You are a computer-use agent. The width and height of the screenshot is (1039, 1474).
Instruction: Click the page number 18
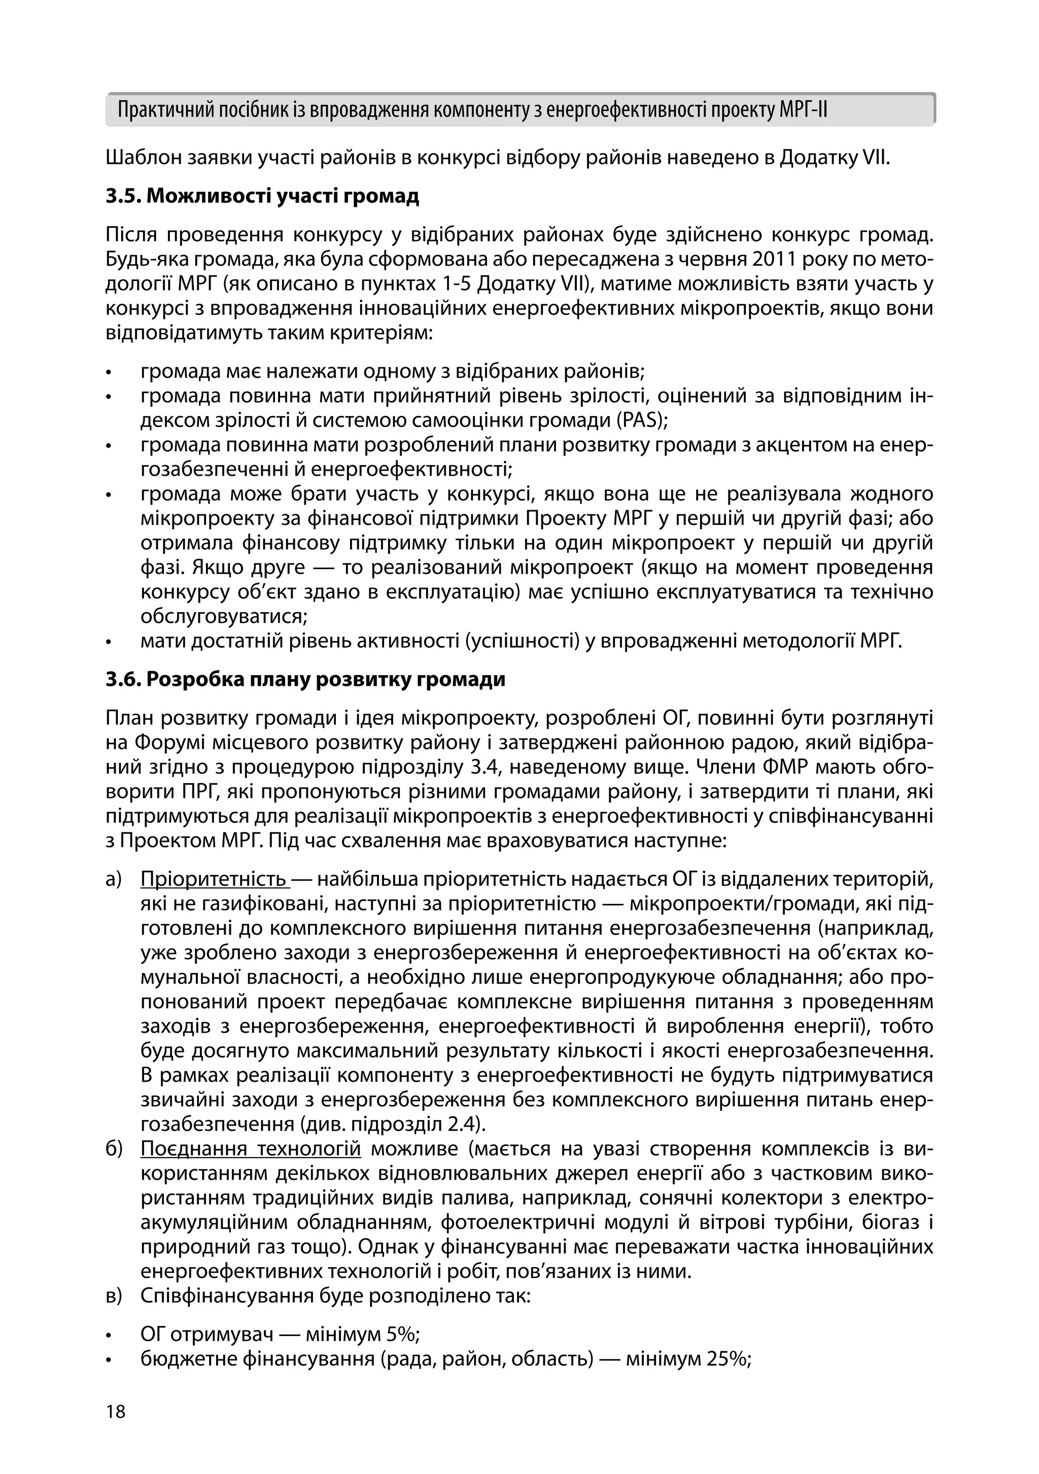click(116, 1412)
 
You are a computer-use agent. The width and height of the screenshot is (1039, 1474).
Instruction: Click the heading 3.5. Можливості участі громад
click(262, 196)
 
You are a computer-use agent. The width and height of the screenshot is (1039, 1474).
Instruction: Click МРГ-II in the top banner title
click(803, 111)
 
